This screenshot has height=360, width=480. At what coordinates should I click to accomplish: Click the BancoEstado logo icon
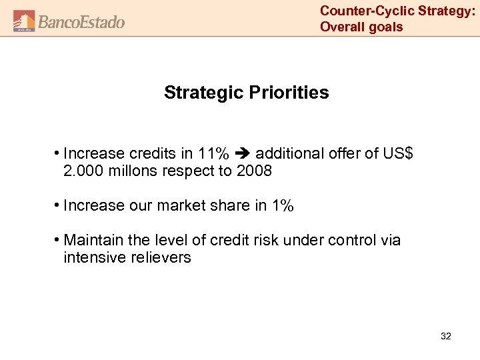tap(24, 21)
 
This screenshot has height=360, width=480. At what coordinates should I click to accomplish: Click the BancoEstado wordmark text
tap(81, 22)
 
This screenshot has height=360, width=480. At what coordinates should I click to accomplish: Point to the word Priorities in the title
tap(288, 93)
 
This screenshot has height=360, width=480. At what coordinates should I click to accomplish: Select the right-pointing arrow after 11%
tap(243, 153)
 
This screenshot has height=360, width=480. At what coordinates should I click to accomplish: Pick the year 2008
tap(254, 171)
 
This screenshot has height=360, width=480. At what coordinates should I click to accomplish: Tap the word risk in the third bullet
tap(266, 240)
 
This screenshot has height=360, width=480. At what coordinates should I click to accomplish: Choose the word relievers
tap(160, 257)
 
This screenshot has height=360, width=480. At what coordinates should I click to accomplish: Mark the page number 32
tap(446, 337)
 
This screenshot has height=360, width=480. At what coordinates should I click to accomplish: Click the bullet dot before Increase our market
tap(58, 205)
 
